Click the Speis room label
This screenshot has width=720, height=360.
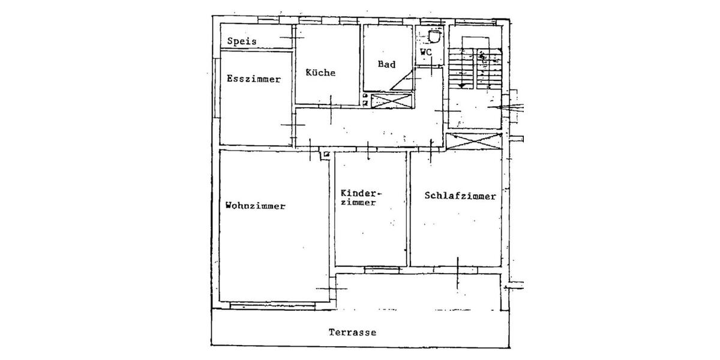pyautogui.click(x=242, y=41)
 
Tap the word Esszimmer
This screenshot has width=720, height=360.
pyautogui.click(x=253, y=79)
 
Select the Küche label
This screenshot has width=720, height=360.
pyautogui.click(x=320, y=73)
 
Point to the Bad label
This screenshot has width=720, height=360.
pyautogui.click(x=386, y=64)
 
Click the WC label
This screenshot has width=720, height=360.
pyautogui.click(x=425, y=52)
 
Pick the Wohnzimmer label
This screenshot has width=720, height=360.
pyautogui.click(x=255, y=206)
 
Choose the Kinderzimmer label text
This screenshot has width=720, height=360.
pyautogui.click(x=361, y=198)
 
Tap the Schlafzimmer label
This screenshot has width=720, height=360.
pyautogui.click(x=460, y=196)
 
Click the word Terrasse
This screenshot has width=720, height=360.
pyautogui.click(x=352, y=332)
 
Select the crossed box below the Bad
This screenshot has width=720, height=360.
pyautogui.click(x=391, y=101)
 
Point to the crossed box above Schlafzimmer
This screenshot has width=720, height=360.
pyautogui.click(x=474, y=142)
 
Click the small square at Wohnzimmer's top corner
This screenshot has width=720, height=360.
pyautogui.click(x=326, y=155)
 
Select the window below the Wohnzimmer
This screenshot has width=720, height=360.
pyautogui.click(x=273, y=306)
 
